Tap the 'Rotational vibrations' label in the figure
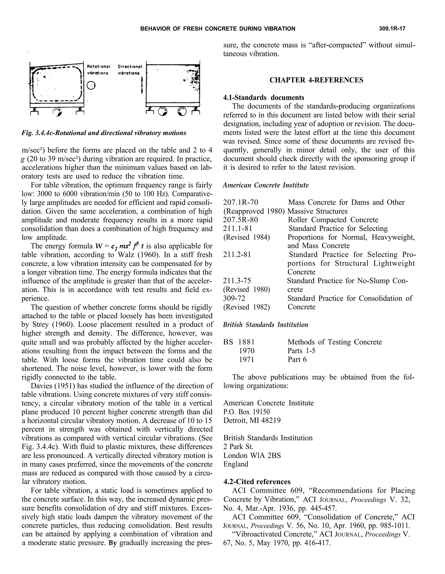point(98,70)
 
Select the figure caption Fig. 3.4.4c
point(104,133)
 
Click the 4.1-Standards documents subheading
point(264,97)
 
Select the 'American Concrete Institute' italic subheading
point(266,185)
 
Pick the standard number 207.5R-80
point(240,220)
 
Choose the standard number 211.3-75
point(237,281)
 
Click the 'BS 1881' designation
point(239,342)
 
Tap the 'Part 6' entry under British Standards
point(297,360)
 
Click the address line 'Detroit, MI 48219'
point(252,420)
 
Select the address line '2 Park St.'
point(238,447)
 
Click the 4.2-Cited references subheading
point(257,482)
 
